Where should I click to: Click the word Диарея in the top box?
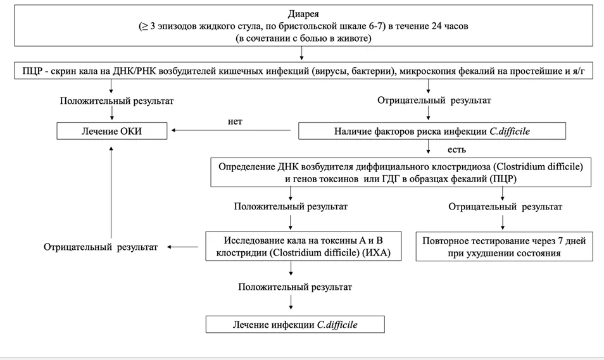pyautogui.click(x=303, y=15)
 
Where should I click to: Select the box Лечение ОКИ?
pyautogui.click(x=111, y=131)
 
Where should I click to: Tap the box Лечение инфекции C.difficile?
pyautogui.click(x=295, y=324)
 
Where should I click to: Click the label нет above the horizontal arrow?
pyautogui.click(x=235, y=121)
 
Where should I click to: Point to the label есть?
pyautogui.click(x=457, y=149)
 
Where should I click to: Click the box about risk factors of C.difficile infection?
pyautogui.click(x=432, y=131)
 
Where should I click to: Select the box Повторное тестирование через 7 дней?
pyautogui.click(x=504, y=246)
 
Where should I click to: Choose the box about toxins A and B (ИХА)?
pyautogui.click(x=303, y=246)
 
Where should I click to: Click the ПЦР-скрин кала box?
pyautogui.click(x=303, y=71)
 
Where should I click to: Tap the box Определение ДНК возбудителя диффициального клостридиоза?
pyautogui.click(x=401, y=172)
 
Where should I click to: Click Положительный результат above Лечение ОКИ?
pyautogui.click(x=116, y=101)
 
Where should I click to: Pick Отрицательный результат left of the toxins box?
pyautogui.click(x=101, y=247)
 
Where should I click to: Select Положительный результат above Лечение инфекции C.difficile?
pyautogui.click(x=295, y=287)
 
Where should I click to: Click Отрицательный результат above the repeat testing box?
pyautogui.click(x=505, y=207)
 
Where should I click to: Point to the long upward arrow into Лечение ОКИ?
pyautogui.click(x=111, y=192)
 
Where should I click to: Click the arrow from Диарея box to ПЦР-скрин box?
pyautogui.click(x=301, y=53)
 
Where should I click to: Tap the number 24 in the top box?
pyautogui.click(x=432, y=26)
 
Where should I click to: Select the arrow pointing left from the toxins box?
pyautogui.click(x=182, y=247)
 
